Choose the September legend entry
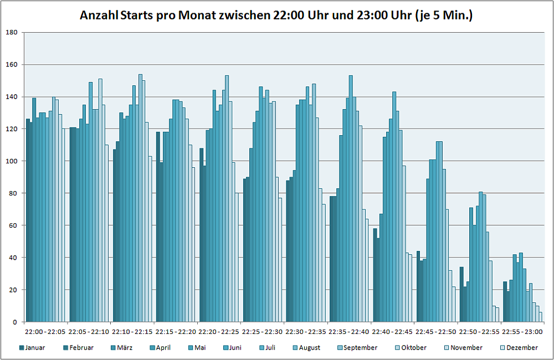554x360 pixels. coord(360,348)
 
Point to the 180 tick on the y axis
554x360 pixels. coord(12,33)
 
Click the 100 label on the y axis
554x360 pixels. coord(12,161)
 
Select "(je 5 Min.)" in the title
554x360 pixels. coord(444,15)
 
